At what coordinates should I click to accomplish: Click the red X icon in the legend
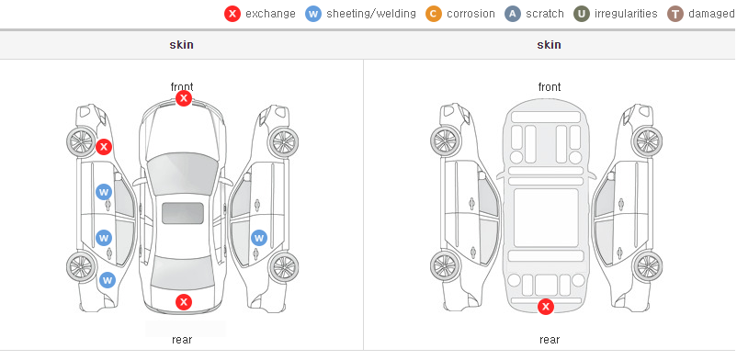pos(232,14)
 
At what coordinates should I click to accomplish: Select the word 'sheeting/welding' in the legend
pos(371,14)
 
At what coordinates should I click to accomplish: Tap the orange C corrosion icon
pos(434,14)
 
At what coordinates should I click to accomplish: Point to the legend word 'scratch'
pos(544,14)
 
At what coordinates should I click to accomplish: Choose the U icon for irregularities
pos(582,14)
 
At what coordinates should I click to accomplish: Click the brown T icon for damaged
pos(675,14)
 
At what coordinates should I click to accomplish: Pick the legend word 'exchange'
pos(270,14)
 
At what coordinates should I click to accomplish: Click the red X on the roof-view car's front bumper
pos(184,98)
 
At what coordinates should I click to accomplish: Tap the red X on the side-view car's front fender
pos(104,147)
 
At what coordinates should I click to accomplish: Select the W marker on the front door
pos(104,192)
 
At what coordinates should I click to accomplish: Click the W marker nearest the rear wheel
pos(108,281)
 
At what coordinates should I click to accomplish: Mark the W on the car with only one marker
pos(259,238)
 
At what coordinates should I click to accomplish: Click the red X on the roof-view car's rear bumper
pos(184,302)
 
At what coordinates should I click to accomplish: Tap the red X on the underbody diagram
pos(546,307)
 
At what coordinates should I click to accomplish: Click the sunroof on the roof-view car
pos(183,213)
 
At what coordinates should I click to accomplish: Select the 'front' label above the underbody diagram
pos(550,87)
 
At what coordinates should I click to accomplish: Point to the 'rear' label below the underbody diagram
pos(550,340)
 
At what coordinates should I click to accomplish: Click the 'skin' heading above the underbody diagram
pos(549,45)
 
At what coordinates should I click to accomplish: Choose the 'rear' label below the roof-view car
pos(182,340)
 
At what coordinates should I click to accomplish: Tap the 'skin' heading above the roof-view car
pos(181,45)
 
